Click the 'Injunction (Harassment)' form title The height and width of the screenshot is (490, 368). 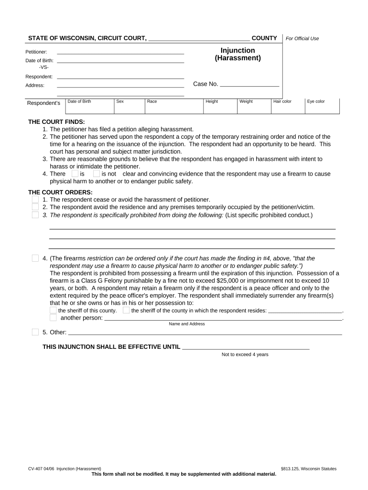pos(238,54)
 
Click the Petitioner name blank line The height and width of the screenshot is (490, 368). pos(120,51)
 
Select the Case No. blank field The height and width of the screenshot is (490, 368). pos(249,84)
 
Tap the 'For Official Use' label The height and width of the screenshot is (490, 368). pos(302,38)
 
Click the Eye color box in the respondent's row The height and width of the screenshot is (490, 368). pos(322,107)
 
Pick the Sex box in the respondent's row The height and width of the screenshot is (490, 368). pos(129,107)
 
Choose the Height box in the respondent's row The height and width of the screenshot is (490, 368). pos(220,107)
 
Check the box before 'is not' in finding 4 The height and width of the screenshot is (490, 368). pos(97,174)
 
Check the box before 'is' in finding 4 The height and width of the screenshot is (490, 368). pos(75,174)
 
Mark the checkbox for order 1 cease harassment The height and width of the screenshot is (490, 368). pos(35,200)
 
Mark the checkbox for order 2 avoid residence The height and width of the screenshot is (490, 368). pos(35,207)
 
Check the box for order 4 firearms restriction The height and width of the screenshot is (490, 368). pos(35,258)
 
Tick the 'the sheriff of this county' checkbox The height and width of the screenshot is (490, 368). pos(53,310)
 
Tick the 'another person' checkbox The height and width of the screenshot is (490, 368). pos(53,318)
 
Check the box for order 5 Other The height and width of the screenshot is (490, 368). pos(35,332)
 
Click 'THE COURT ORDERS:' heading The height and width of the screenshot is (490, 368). pos(56,192)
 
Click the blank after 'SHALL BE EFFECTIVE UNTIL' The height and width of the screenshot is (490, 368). pos(246,347)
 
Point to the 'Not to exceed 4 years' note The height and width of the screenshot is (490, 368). pos(245,355)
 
